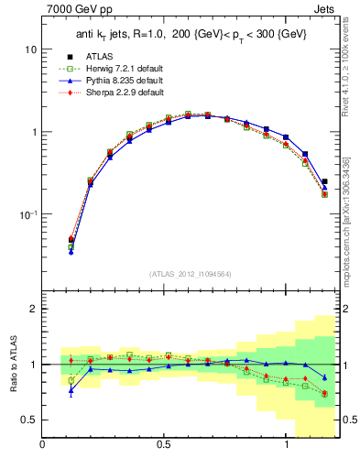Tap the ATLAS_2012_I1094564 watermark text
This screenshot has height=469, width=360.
pos(191,273)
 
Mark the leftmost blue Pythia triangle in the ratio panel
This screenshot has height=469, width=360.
pos(71,390)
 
